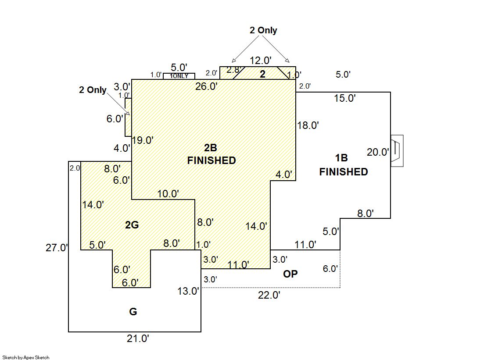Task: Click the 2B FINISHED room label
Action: coord(211,154)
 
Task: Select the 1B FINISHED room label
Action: coord(343,165)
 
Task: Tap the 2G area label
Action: coord(132,225)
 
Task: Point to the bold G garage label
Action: coord(133,312)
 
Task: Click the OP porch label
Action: coord(290,274)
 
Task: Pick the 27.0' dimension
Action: coord(57,248)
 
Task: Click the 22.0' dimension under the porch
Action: coord(269,295)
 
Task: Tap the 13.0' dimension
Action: coord(188,291)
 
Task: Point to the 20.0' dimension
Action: coord(378,153)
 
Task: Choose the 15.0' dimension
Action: coord(344,98)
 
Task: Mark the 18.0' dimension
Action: coord(308,125)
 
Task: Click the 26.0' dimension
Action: coord(207,86)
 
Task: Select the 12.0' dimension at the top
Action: coord(261,60)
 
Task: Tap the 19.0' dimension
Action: coord(143,140)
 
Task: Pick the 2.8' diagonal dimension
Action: coord(234,70)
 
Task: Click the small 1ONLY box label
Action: coord(179,76)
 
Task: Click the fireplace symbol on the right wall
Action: coord(397,151)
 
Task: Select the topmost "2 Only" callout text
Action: coord(263,30)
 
